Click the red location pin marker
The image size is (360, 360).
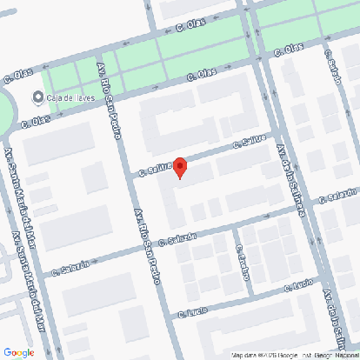(x=180, y=166)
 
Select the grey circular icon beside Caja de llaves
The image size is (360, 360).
(x=38, y=97)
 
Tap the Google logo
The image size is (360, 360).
(x=18, y=351)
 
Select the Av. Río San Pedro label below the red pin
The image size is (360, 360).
(x=147, y=248)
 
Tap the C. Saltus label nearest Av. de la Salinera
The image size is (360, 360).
(x=249, y=143)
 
